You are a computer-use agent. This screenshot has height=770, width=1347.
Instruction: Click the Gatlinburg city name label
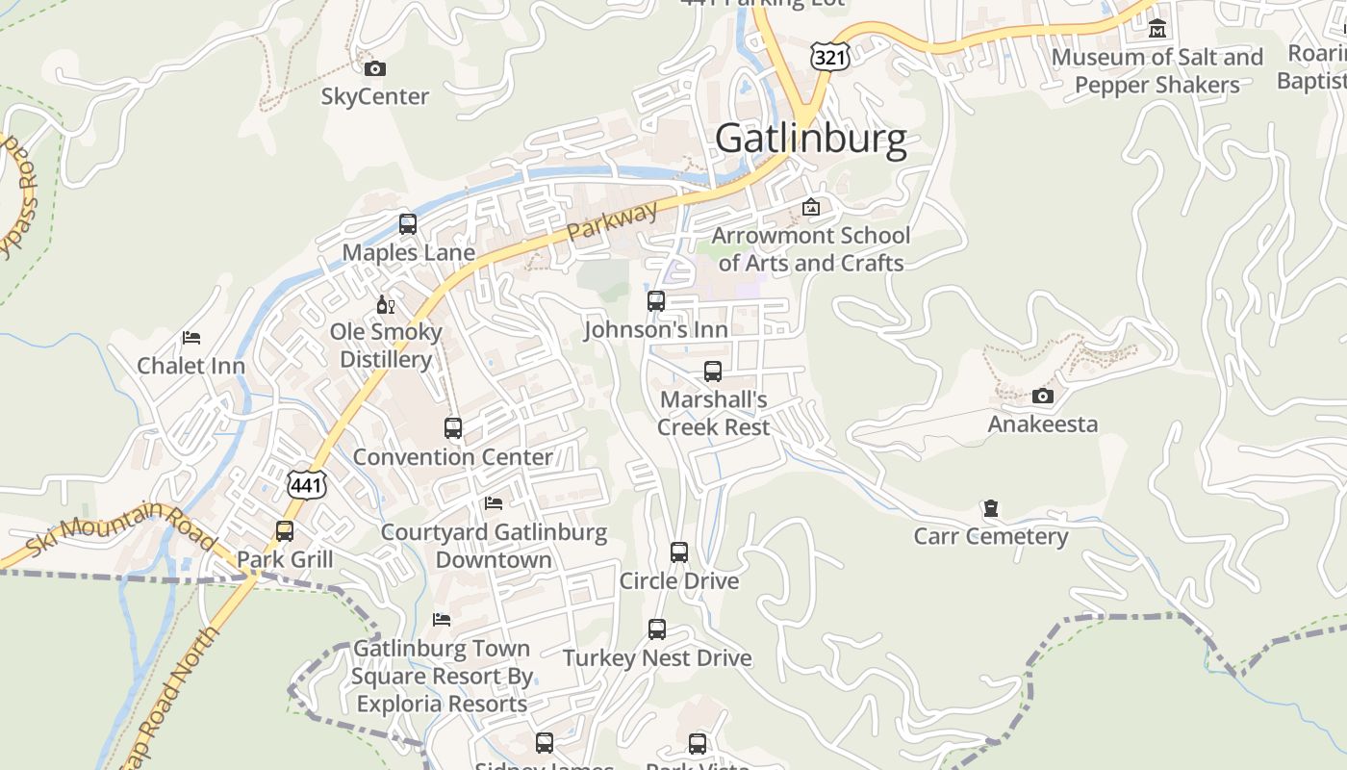click(811, 140)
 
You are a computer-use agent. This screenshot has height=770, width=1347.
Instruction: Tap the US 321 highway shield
click(829, 57)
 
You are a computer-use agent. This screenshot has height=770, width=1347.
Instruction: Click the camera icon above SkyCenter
click(375, 68)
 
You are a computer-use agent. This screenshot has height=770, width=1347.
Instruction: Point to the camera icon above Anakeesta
click(1042, 396)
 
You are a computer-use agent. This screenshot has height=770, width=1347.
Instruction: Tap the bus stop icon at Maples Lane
click(408, 224)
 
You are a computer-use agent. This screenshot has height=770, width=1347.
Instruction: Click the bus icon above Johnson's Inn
click(656, 301)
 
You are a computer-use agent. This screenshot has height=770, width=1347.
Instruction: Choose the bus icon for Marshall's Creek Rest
click(713, 372)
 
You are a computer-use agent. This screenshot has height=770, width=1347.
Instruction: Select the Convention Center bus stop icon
click(453, 428)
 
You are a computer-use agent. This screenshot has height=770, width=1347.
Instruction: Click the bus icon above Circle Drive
click(679, 552)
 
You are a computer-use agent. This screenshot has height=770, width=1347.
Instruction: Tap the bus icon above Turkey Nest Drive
click(657, 629)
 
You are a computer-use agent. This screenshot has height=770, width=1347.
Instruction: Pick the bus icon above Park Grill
click(285, 531)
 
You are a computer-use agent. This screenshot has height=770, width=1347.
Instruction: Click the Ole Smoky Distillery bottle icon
click(385, 305)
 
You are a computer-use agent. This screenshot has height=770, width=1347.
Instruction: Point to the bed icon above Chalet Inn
click(191, 338)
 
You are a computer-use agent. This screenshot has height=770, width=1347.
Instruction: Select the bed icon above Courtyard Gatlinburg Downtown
click(494, 503)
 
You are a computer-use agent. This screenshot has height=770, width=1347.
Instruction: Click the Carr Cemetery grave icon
click(991, 508)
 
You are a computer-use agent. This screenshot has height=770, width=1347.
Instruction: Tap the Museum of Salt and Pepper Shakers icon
click(1157, 29)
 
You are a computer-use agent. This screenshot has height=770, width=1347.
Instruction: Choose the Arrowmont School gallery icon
click(811, 207)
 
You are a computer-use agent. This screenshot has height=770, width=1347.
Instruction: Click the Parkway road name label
click(612, 220)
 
